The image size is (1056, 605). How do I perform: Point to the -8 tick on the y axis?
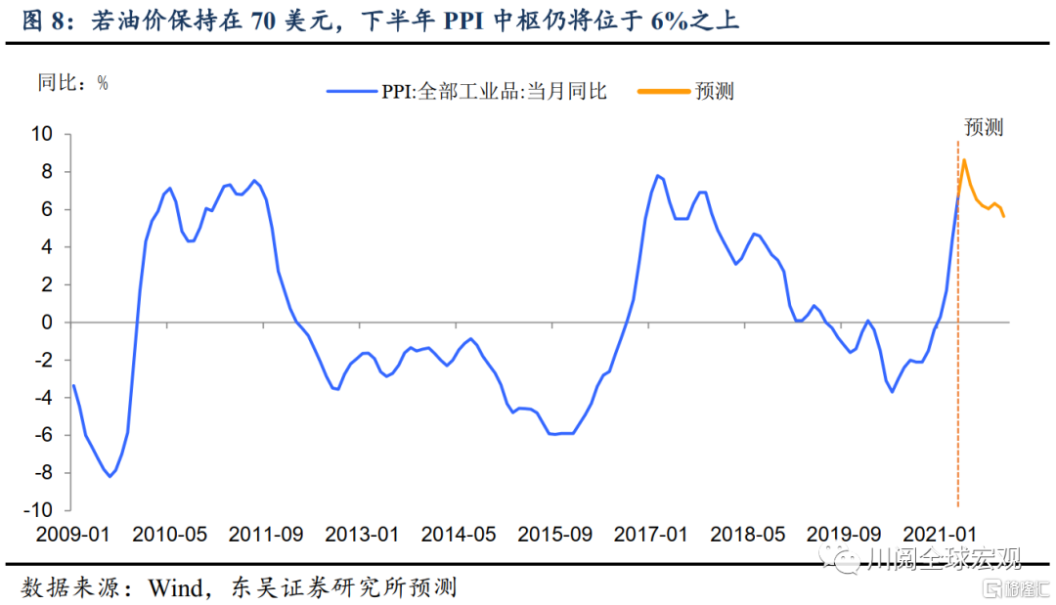pyautogui.click(x=45, y=472)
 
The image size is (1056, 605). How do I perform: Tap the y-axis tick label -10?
pyautogui.click(x=41, y=509)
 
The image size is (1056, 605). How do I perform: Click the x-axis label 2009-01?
pyautogui.click(x=74, y=535)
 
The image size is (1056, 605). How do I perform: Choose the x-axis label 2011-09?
pyautogui.click(x=267, y=535)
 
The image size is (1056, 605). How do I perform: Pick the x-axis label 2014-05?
pyautogui.click(x=460, y=535)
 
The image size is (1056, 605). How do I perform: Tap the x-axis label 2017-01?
pyautogui.click(x=652, y=535)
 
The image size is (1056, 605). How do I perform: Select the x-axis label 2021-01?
pyautogui.click(x=941, y=535)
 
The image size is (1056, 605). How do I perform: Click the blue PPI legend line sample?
pyautogui.click(x=351, y=91)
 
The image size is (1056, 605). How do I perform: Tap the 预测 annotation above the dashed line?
pyautogui.click(x=984, y=127)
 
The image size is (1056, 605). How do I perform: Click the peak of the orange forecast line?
pyautogui.click(x=964, y=159)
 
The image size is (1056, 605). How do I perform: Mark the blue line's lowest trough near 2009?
pyautogui.click(x=110, y=476)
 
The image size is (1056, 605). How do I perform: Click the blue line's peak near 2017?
pyautogui.click(x=657, y=176)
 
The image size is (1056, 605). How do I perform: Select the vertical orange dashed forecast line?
pyautogui.click(x=957, y=391)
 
